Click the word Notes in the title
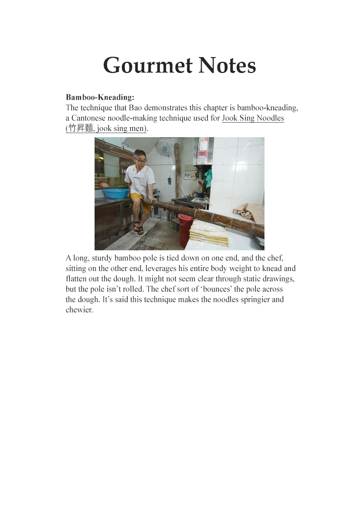pyautogui.click(x=226, y=65)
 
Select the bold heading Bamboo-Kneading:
pyautogui.click(x=100, y=97)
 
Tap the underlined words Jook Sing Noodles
pyautogui.click(x=253, y=118)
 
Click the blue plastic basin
pyautogui.click(x=116, y=193)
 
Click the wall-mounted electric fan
pyautogui.click(x=165, y=146)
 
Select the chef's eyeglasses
pyautogui.click(x=140, y=161)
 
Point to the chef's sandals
pyautogui.click(x=139, y=229)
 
